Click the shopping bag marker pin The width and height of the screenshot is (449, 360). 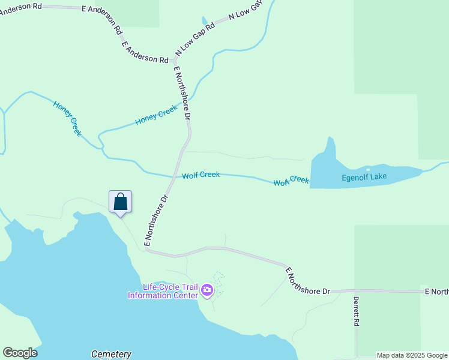pyautogui.click(x=120, y=202)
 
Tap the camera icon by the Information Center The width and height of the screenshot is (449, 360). pyautogui.click(x=207, y=291)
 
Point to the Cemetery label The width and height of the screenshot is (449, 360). pyautogui.click(x=111, y=354)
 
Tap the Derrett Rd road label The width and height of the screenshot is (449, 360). pyautogui.click(x=356, y=311)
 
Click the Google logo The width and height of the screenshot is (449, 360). pyautogui.click(x=20, y=353)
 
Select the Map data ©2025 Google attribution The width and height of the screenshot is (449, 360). pyautogui.click(x=412, y=355)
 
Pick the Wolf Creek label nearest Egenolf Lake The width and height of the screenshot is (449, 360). pyautogui.click(x=291, y=181)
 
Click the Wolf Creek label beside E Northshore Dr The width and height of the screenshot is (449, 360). pyautogui.click(x=201, y=175)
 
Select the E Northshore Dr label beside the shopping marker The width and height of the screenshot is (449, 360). pyautogui.click(x=155, y=221)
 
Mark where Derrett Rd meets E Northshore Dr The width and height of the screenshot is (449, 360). pyautogui.click(x=356, y=291)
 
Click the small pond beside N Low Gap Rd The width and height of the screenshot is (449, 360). pyautogui.click(x=205, y=21)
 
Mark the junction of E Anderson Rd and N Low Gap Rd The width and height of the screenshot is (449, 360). pyautogui.click(x=173, y=61)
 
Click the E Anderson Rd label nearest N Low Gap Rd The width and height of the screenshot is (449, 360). pyautogui.click(x=145, y=52)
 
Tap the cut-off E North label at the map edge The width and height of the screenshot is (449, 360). pyautogui.click(x=436, y=292)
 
